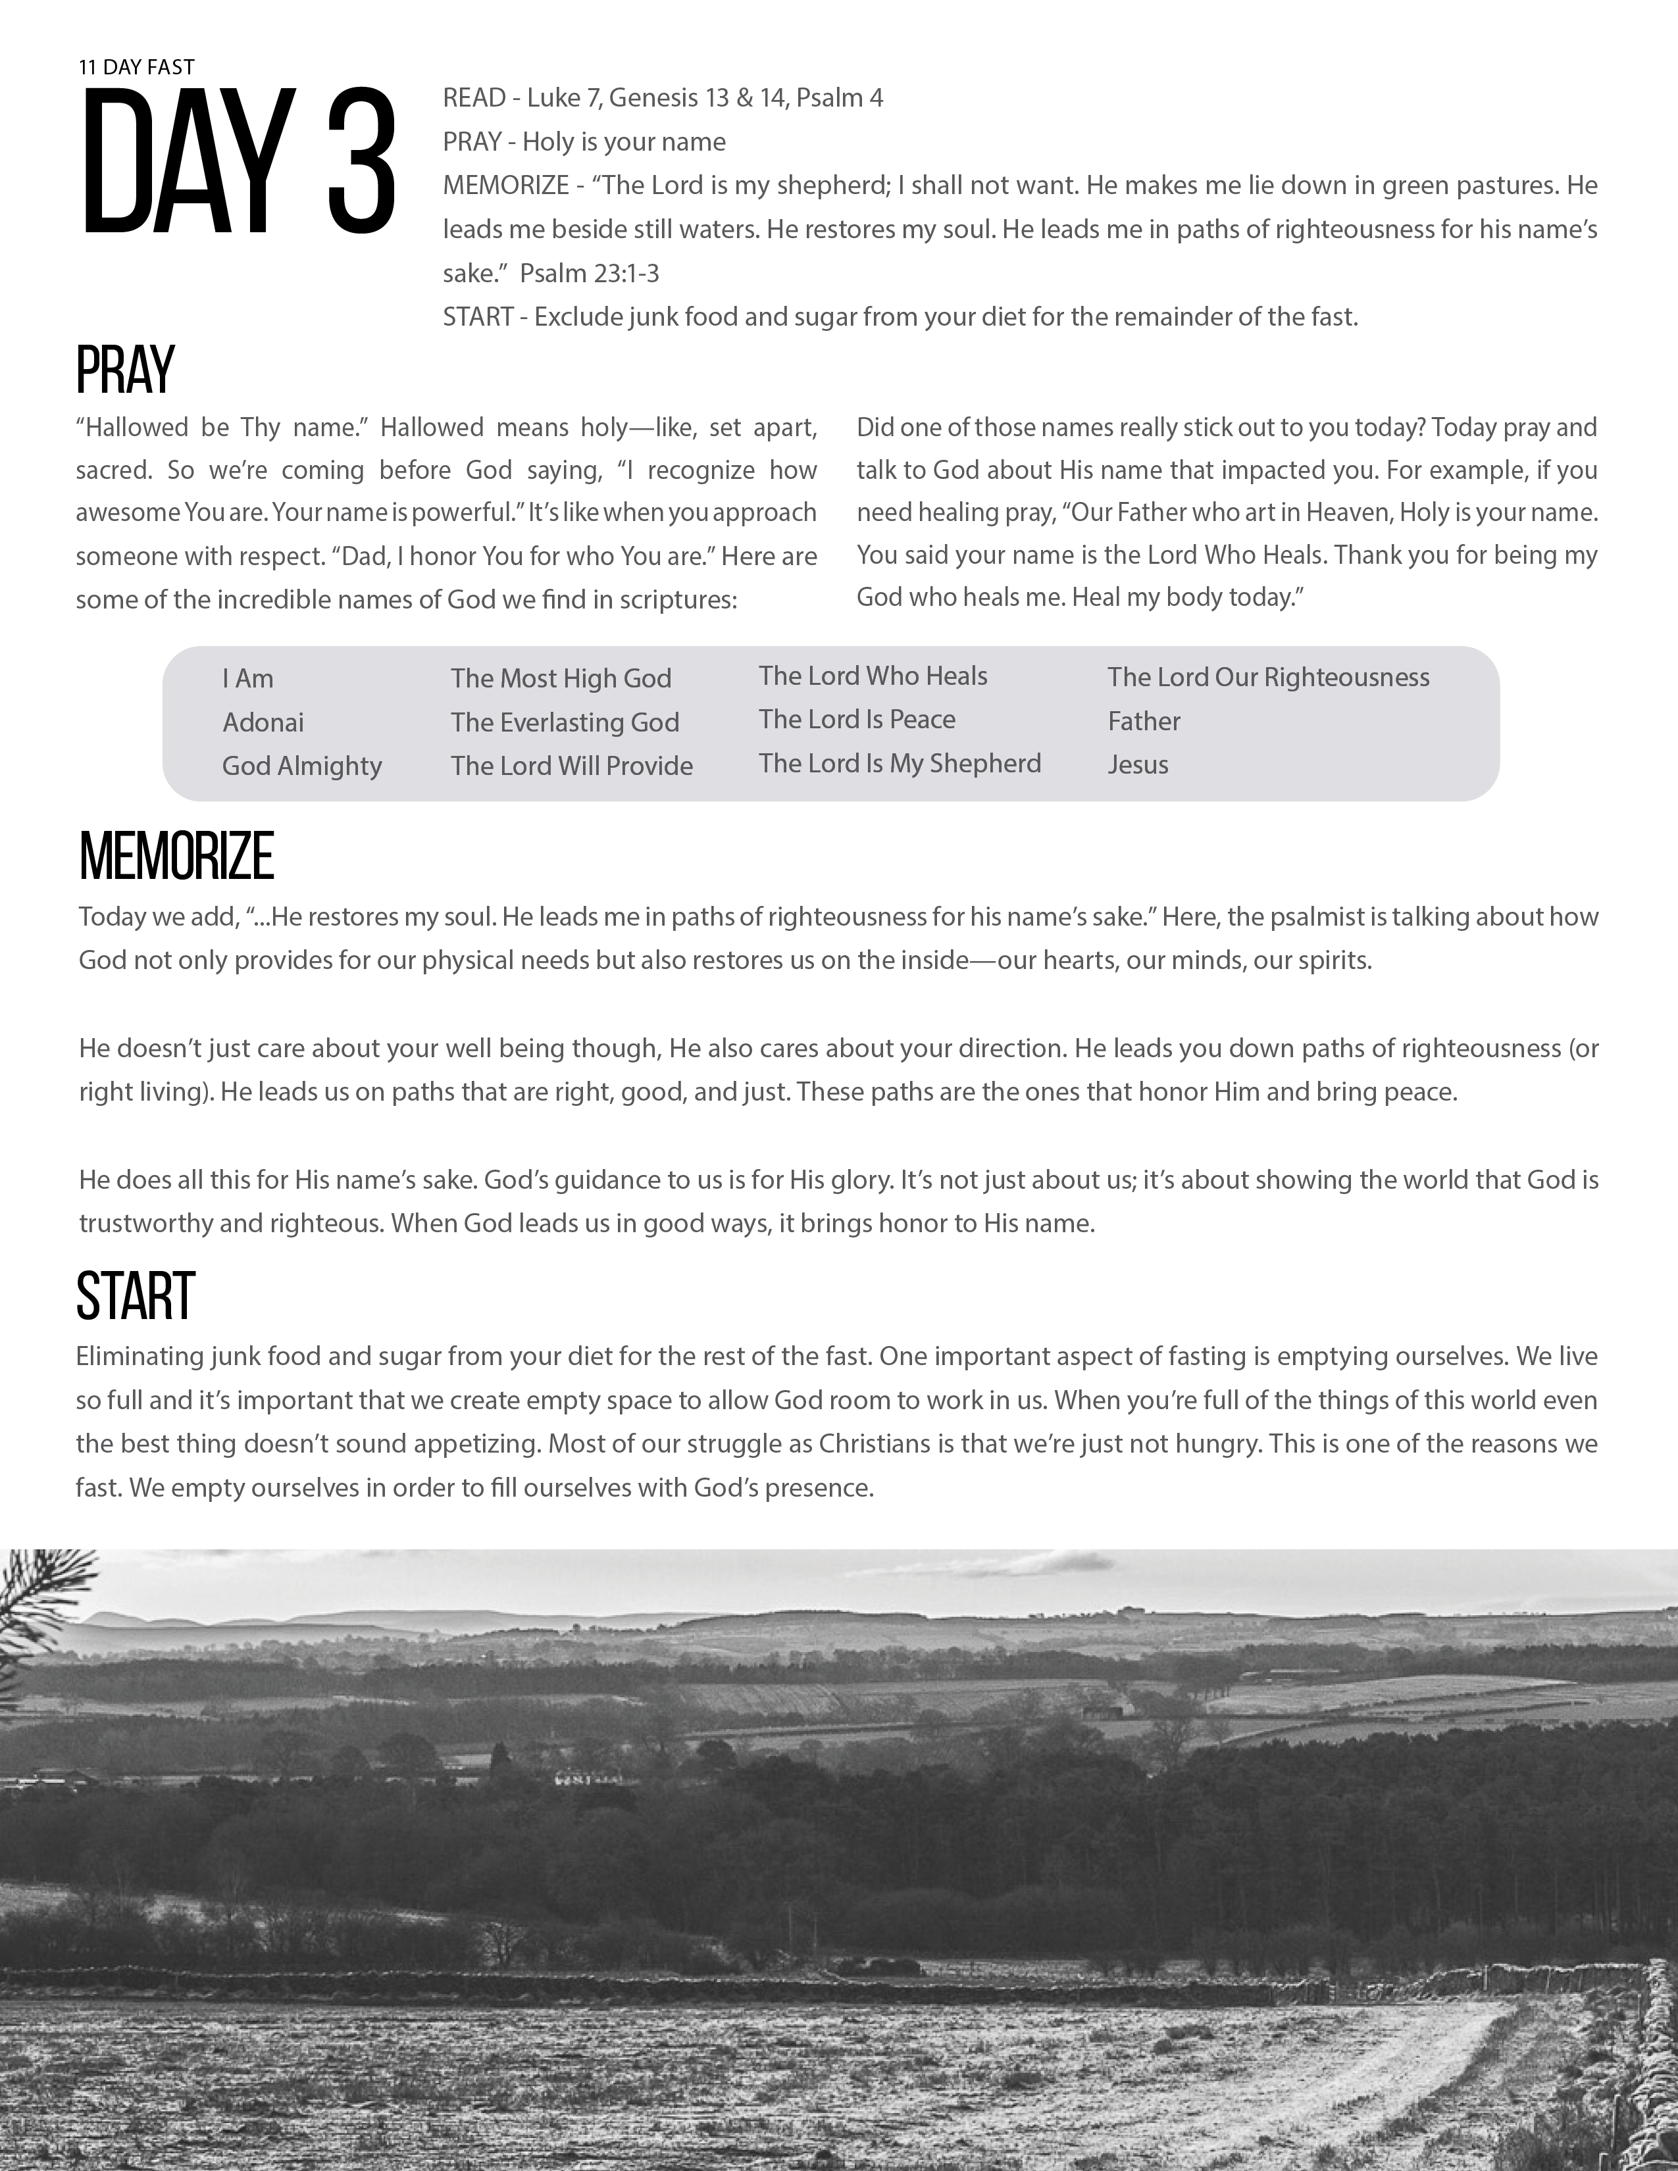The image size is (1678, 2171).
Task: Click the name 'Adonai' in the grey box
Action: click(263, 722)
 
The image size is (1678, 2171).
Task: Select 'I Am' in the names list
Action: click(247, 679)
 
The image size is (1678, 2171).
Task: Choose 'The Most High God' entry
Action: click(561, 679)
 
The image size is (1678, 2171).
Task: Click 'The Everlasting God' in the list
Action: click(565, 722)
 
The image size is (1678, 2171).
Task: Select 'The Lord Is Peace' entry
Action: click(857, 720)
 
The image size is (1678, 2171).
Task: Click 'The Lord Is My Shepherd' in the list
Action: click(900, 763)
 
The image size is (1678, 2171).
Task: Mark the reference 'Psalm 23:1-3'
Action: click(590, 274)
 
